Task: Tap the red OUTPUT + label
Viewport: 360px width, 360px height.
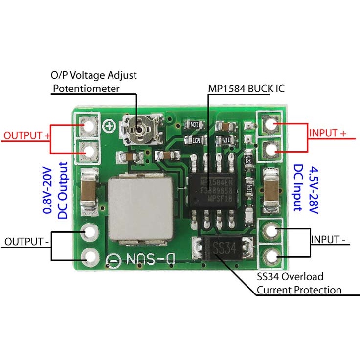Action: tap(27, 135)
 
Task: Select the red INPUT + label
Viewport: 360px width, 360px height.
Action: tap(327, 133)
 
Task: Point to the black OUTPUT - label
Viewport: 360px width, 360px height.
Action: tap(26, 242)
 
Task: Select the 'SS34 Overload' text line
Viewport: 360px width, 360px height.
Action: tap(290, 277)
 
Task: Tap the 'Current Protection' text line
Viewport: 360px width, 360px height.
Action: tap(299, 290)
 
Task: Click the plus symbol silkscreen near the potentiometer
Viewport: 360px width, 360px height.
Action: tap(110, 126)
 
